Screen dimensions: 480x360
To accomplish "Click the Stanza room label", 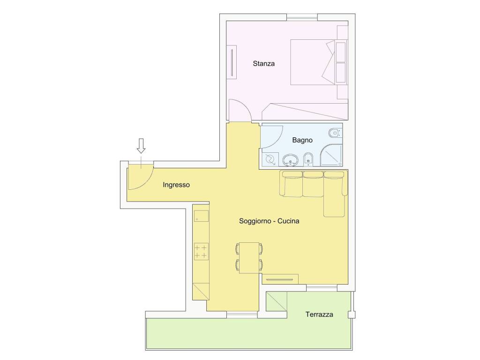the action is tap(263, 64).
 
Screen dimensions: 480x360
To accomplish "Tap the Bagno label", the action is tap(302, 140).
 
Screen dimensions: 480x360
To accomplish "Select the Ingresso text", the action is tap(176, 185).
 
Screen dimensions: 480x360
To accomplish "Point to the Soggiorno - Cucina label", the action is tap(269, 221).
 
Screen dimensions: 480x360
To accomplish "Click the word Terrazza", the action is tap(319, 315).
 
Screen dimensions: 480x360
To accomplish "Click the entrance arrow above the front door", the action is tap(141, 146).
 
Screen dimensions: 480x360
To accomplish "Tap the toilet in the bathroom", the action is tap(335, 133).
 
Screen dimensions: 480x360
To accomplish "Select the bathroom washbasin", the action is tap(290, 160).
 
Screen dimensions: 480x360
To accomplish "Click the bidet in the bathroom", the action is tap(308, 159).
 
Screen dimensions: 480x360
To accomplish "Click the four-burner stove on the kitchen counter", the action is tap(201, 251).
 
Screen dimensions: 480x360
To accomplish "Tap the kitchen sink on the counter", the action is tap(201, 216).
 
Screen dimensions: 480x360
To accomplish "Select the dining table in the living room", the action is tap(249, 257).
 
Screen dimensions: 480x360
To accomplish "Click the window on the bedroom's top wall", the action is tap(302, 17).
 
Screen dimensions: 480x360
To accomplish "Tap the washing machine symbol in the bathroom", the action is tap(270, 159).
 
